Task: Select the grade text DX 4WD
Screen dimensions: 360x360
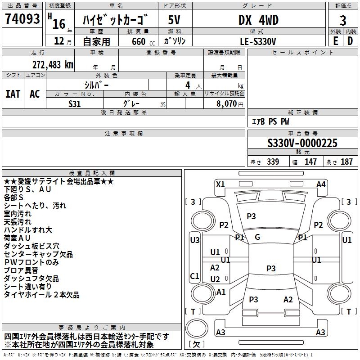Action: tap(258, 20)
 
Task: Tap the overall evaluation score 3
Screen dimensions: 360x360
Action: tap(343, 20)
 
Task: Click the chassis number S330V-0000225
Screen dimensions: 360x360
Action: tap(302, 144)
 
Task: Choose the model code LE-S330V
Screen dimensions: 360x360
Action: tap(258, 41)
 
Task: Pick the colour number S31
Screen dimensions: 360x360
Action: tap(75, 103)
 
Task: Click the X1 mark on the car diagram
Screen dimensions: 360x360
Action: tap(220, 184)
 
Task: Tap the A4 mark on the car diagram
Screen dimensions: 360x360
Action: tap(321, 184)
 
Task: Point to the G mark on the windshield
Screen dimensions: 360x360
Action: tap(257, 237)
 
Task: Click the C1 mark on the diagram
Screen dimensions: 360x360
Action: tap(195, 276)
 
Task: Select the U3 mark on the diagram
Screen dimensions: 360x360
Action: tap(195, 240)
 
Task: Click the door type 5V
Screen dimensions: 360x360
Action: tap(175, 20)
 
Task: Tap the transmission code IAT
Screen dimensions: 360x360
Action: tap(13, 94)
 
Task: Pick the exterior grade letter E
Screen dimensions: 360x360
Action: tap(335, 41)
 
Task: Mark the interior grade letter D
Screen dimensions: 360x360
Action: tap(350, 41)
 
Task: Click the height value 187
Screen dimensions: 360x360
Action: tap(347, 162)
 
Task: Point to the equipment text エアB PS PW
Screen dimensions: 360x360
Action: tap(270, 121)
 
